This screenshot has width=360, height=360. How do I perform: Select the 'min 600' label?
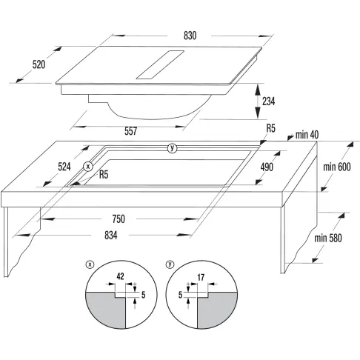click(x=337, y=167)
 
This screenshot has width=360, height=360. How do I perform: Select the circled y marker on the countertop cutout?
click(x=173, y=148)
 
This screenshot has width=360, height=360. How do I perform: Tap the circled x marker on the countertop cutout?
click(x=88, y=167)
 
